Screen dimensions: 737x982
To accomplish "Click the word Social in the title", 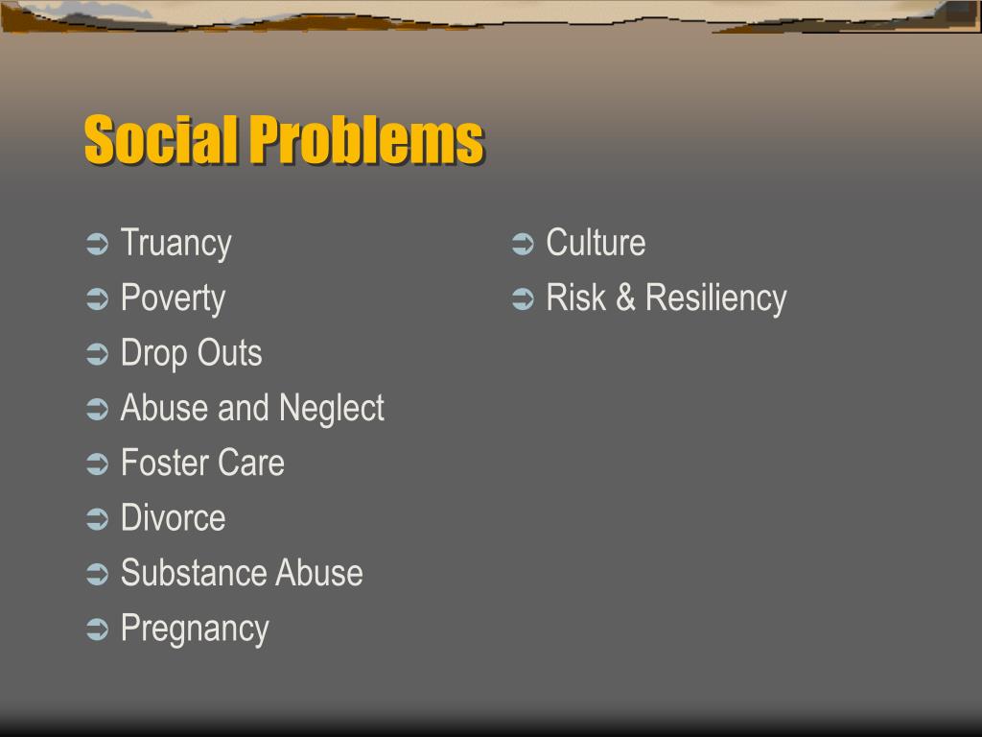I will (160, 140).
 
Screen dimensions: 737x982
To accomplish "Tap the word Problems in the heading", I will (366, 140).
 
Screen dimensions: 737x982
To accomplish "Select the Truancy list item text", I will (175, 244).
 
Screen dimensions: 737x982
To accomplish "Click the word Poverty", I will (173, 298).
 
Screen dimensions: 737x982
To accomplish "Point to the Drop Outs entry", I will (191, 353).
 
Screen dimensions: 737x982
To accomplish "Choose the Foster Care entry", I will (202, 464).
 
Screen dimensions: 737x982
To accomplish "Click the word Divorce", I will (173, 518).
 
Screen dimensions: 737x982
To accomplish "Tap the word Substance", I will (194, 573).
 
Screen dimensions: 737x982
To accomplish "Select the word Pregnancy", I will (195, 630).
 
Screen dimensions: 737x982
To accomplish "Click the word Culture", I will (596, 243).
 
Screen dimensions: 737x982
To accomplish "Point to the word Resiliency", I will (715, 298).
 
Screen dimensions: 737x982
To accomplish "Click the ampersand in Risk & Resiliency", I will (625, 298).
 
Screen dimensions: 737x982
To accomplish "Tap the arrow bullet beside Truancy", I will (97, 245).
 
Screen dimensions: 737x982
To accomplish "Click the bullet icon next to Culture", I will (523, 245).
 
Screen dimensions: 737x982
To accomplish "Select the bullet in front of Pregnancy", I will (97, 630).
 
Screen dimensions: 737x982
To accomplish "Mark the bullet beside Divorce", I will (97, 520).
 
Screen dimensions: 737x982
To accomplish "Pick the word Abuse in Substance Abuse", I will (319, 573).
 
